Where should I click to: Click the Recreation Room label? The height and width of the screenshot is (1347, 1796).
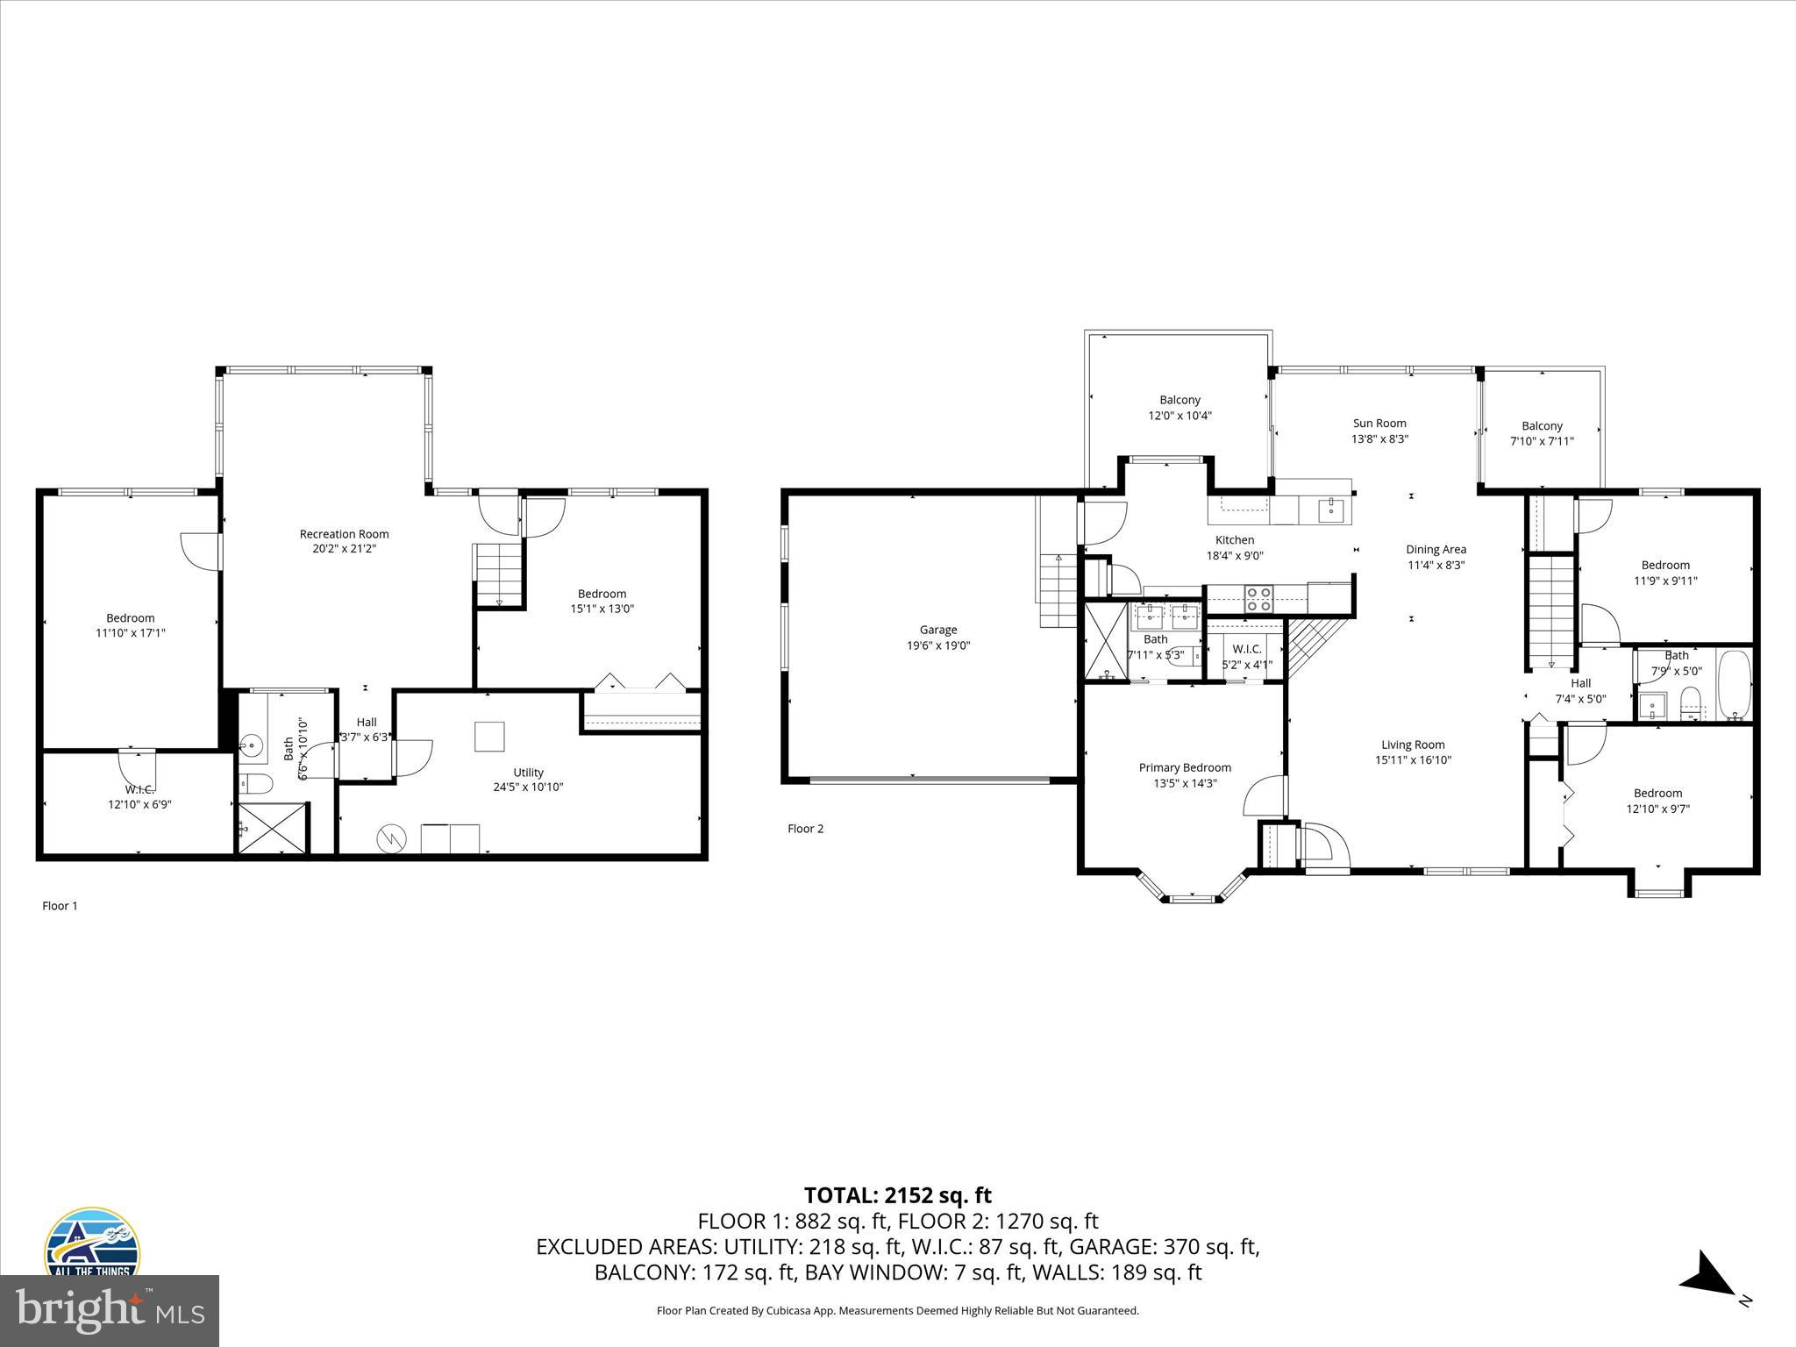(x=344, y=533)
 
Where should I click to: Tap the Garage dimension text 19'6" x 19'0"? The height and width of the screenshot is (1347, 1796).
(x=938, y=645)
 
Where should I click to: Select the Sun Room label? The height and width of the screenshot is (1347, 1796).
(x=1379, y=423)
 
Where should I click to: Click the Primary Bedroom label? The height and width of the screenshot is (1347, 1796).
(x=1185, y=767)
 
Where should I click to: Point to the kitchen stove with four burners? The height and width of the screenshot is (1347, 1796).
(x=1259, y=598)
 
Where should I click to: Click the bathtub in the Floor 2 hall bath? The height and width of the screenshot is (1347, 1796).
(x=1734, y=684)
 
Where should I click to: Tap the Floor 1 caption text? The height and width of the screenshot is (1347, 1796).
(x=60, y=906)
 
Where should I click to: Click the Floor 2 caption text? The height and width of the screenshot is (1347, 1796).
(x=805, y=828)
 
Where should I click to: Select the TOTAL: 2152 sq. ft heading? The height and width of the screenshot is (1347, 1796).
(x=897, y=1194)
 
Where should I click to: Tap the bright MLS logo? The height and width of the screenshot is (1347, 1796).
(x=109, y=1310)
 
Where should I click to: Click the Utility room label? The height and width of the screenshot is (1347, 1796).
(x=528, y=772)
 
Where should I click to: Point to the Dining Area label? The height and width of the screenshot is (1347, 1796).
(x=1436, y=549)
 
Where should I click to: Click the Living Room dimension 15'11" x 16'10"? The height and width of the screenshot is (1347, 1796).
(x=1413, y=760)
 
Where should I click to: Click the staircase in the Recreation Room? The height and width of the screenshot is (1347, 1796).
(x=499, y=575)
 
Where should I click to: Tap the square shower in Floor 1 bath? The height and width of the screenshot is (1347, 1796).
(x=273, y=828)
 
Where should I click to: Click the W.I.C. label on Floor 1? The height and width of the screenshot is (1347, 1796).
(x=139, y=789)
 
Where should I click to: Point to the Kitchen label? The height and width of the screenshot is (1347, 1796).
(x=1234, y=539)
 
